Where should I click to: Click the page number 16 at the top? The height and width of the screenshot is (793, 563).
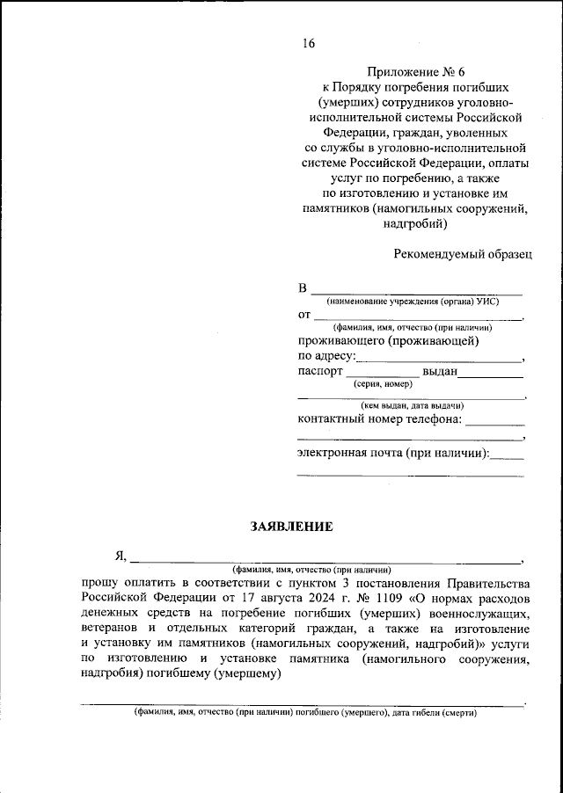(307, 44)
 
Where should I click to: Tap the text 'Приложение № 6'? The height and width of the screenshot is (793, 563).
(411, 72)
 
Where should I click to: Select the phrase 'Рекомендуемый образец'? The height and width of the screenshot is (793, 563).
(463, 253)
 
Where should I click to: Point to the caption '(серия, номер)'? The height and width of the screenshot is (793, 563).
(384, 384)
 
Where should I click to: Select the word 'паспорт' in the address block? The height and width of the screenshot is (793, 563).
(319, 371)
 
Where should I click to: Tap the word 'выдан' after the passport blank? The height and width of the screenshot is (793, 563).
(440, 371)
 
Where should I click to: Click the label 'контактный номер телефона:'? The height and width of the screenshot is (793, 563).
(379, 418)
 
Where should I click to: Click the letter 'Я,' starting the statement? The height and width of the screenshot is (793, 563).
(120, 556)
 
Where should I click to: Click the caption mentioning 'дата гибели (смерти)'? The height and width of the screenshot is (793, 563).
(304, 713)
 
